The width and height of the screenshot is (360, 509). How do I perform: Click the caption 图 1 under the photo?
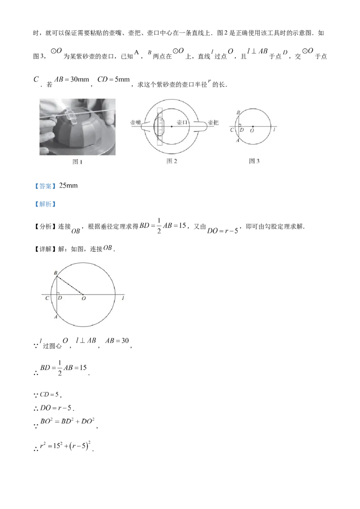[x=78, y=162]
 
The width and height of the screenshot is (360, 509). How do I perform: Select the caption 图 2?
[x=172, y=161]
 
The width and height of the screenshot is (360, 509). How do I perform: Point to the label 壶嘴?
[x=135, y=122]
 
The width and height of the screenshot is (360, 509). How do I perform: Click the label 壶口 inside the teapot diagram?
[x=182, y=122]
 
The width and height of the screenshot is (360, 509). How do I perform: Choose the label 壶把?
[x=213, y=122]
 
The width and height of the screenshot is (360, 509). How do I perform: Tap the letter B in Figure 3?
[x=238, y=113]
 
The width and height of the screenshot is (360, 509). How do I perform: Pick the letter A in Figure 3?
[x=238, y=140]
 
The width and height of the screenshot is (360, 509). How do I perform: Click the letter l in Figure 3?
[x=274, y=130]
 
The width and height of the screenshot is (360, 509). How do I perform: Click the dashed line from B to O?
[x=70, y=286]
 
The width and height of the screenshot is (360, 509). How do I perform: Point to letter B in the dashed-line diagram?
[x=55, y=273]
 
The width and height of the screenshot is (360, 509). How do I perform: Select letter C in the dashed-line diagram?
[x=47, y=298]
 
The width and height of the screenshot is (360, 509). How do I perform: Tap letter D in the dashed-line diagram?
[x=60, y=298]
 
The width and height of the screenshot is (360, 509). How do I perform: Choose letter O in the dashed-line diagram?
[x=83, y=299]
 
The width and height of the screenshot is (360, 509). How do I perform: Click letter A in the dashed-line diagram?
[x=54, y=317]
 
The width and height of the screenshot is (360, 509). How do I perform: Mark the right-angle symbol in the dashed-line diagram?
[x=59, y=293]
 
